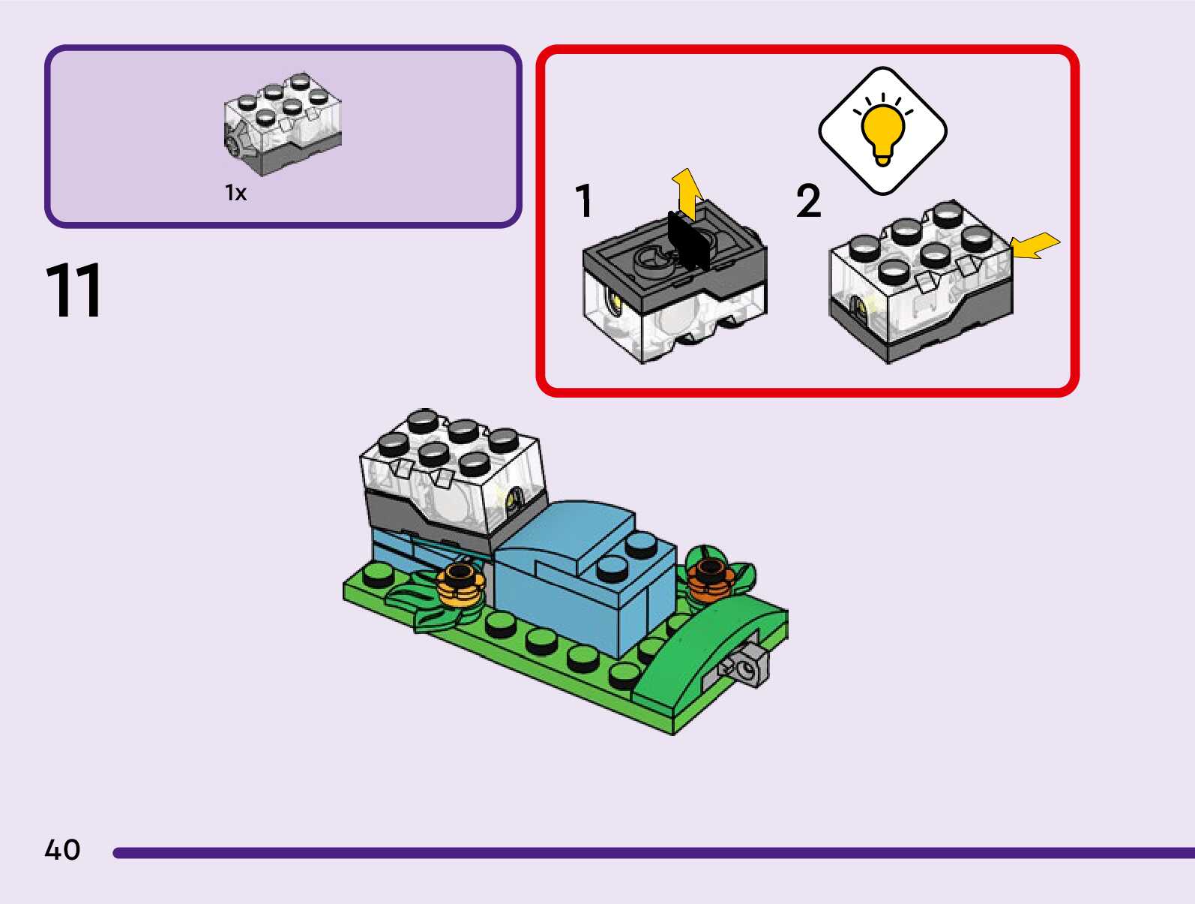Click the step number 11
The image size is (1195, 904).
click(x=73, y=291)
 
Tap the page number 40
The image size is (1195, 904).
click(x=62, y=850)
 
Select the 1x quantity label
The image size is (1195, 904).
click(x=235, y=194)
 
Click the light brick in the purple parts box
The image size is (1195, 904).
click(x=283, y=123)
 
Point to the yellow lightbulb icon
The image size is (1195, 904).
click(x=882, y=131)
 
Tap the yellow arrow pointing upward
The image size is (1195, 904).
click(x=687, y=192)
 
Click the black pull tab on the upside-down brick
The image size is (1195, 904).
click(x=687, y=240)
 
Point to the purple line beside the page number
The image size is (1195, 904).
click(x=652, y=853)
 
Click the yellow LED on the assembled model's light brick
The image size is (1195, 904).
click(x=515, y=497)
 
